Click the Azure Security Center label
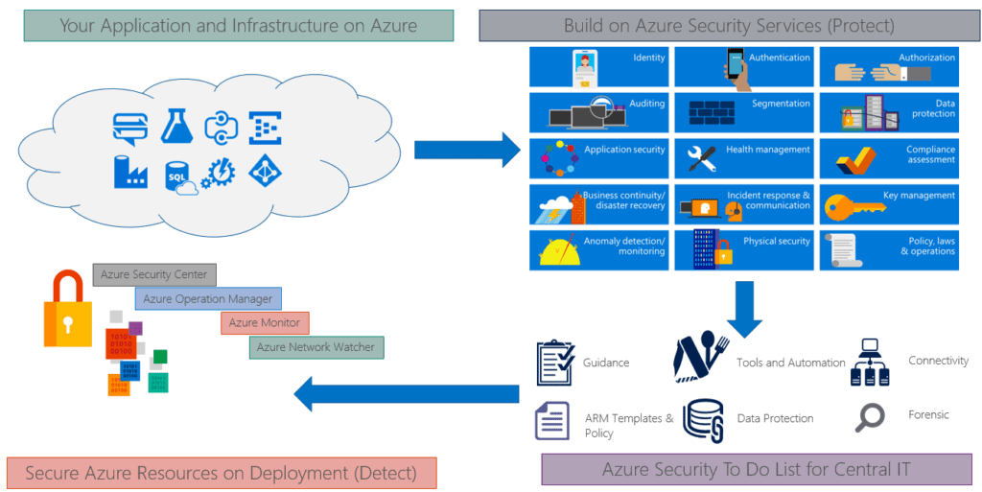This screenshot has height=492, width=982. coord(154,274)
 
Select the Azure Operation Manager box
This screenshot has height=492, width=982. coord(208,299)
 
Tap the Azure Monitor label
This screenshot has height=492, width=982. coord(265,323)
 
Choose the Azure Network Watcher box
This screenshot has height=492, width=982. coord(316,346)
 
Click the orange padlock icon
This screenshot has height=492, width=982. coord(68,309)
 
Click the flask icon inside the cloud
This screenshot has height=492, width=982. coord(174,123)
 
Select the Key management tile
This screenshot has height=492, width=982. coord(889,204)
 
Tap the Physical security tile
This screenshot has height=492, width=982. coord(744,249)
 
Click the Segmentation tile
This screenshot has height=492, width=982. coord(744,111)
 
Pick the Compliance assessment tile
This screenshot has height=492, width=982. coord(889,157)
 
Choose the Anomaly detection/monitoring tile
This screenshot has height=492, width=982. coord(598,249)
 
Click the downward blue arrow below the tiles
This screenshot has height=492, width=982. coord(743,308)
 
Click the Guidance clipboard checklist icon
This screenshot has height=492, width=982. coord(555,363)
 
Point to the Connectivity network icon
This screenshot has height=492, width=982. coord(871,362)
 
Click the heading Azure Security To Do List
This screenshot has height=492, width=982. coord(756,469)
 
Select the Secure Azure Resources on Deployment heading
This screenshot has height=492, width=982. coord(222,473)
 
